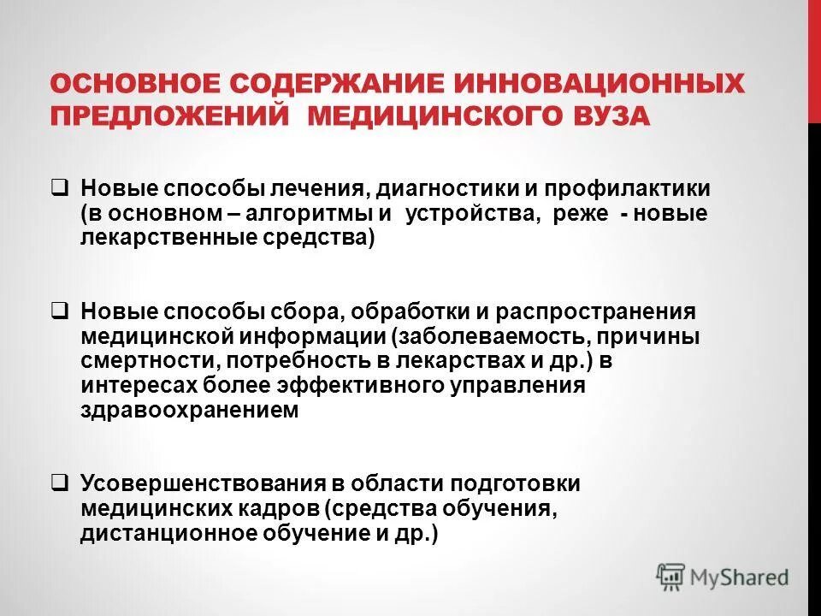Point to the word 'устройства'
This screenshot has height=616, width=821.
tap(474, 213)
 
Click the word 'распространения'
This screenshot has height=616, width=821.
tap(602, 311)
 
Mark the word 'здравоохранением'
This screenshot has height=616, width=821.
tap(190, 410)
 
